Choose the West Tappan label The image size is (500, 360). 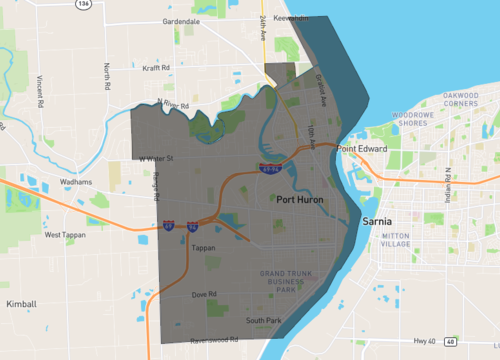pyautogui.click(x=68, y=234)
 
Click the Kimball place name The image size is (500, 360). pyautogui.click(x=21, y=301)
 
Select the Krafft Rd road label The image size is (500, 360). pyautogui.click(x=158, y=69)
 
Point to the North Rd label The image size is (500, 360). pyautogui.click(x=105, y=77)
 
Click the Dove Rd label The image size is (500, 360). pyautogui.click(x=205, y=294)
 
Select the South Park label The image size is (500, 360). pyautogui.click(x=265, y=320)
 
